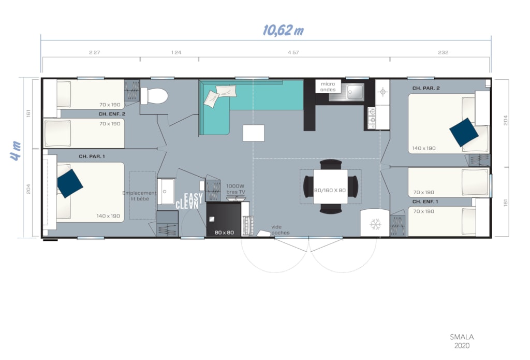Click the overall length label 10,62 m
283,31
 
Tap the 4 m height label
15,151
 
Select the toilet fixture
154,96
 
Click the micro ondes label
328,87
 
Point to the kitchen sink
354,91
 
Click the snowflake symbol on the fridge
375,224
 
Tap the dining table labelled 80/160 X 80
330,186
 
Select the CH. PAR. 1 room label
92,156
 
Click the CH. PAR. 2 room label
426,88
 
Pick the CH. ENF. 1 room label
425,201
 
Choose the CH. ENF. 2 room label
112,114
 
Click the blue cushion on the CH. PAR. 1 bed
70,183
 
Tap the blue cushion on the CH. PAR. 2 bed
464,132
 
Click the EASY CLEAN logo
189,201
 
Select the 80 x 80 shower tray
224,219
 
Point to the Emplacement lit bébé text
139,196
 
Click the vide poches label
280,230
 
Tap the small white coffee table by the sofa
254,133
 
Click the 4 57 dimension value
293,52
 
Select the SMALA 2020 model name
462,341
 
